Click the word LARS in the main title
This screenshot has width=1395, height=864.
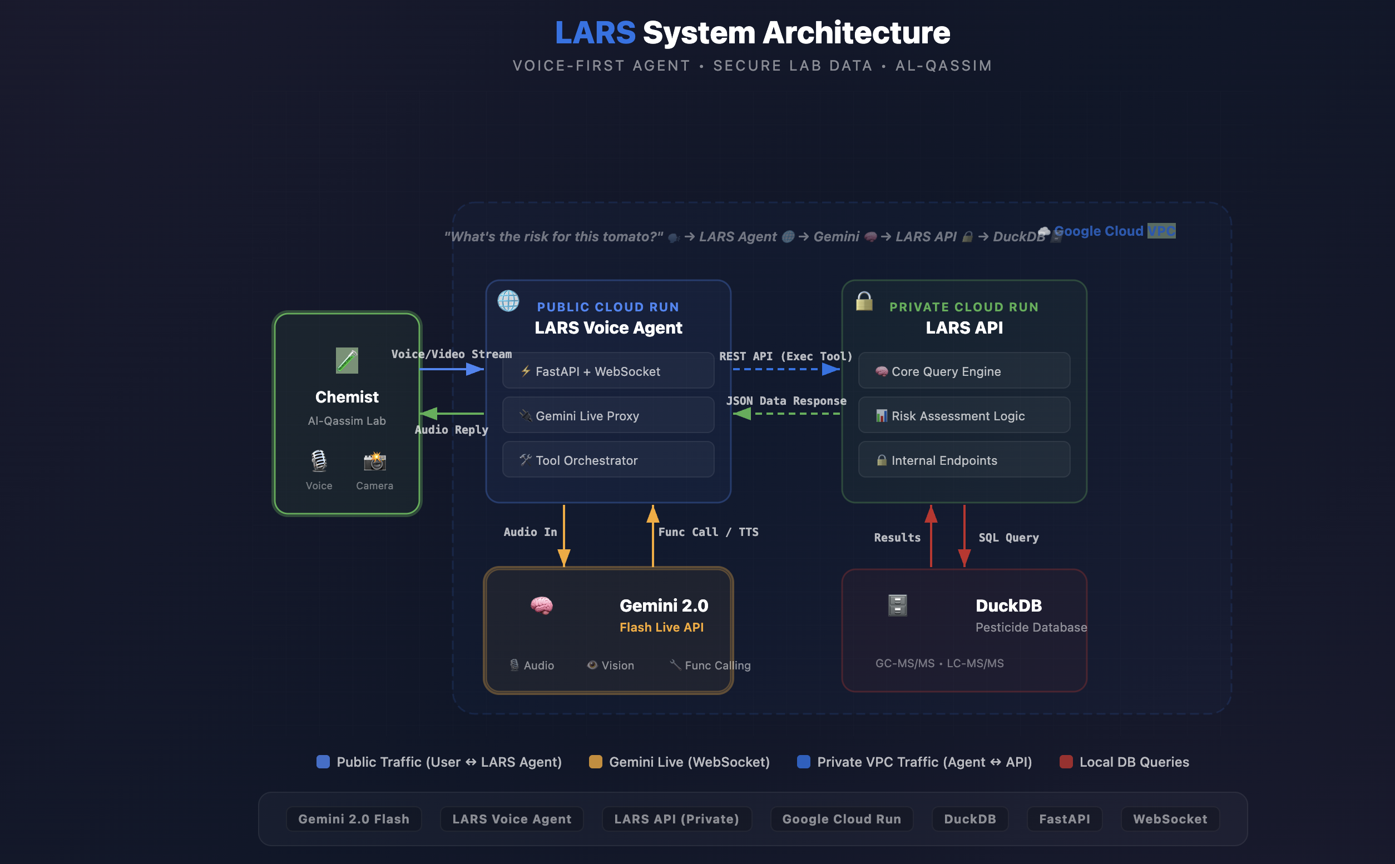tap(595, 33)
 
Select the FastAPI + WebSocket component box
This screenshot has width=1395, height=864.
tap(608, 371)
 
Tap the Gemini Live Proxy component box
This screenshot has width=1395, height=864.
tap(608, 415)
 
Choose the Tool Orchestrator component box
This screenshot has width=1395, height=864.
tap(608, 460)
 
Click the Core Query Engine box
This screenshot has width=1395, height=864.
tap(964, 371)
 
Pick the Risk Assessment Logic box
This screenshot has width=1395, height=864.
tap(964, 415)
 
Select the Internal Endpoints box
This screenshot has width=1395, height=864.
tap(964, 460)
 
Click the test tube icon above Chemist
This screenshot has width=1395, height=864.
tap(347, 361)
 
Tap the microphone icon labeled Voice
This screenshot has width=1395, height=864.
tap(319, 460)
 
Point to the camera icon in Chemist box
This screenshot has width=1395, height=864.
tap(375, 460)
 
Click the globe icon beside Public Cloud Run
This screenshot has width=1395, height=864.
tap(508, 301)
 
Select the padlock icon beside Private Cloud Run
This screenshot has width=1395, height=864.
tap(864, 301)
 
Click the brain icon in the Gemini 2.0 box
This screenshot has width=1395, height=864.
tap(541, 605)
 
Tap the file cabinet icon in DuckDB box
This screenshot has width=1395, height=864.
tap(897, 605)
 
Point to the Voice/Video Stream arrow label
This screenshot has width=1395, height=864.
tap(452, 354)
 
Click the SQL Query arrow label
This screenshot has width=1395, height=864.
tap(1008, 538)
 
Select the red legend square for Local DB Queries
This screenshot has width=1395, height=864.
tap(1066, 762)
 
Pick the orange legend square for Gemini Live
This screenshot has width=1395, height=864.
tap(596, 762)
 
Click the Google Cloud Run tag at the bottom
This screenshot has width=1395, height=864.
tap(841, 819)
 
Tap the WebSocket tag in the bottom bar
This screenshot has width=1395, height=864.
tap(1170, 819)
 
